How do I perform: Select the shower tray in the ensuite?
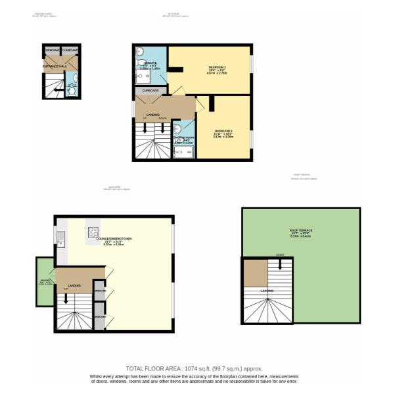pyautogui.click(x=143, y=78)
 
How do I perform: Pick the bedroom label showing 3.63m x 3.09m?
pyautogui.click(x=223, y=134)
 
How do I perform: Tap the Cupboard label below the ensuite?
pyautogui.click(x=150, y=90)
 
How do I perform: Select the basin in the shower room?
pyautogui.click(x=176, y=128)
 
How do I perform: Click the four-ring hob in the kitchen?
pyautogui.click(x=93, y=231)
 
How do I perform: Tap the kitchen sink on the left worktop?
pyautogui.click(x=60, y=238)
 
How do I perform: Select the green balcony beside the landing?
pyautogui.click(x=45, y=283)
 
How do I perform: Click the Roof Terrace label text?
pyautogui.click(x=301, y=230)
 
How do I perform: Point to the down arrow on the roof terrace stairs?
pyautogui.click(x=281, y=264)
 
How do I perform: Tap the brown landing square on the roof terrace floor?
pyautogui.click(x=255, y=273)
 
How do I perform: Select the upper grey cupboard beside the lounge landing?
pyautogui.click(x=99, y=289)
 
